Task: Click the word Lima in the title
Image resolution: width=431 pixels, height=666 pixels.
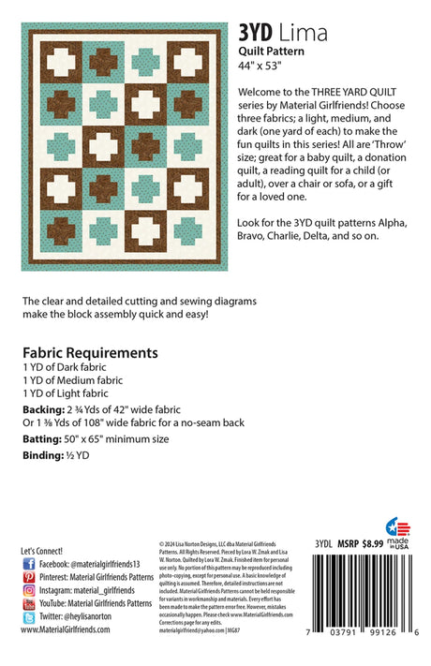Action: click(x=303, y=34)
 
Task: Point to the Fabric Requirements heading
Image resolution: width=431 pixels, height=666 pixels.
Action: click(x=90, y=353)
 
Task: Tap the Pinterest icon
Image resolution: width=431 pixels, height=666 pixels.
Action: click(x=28, y=578)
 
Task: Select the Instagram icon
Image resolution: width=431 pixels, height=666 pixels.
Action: click(x=28, y=591)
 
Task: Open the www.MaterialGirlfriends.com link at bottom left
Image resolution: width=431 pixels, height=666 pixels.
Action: click(x=65, y=630)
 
